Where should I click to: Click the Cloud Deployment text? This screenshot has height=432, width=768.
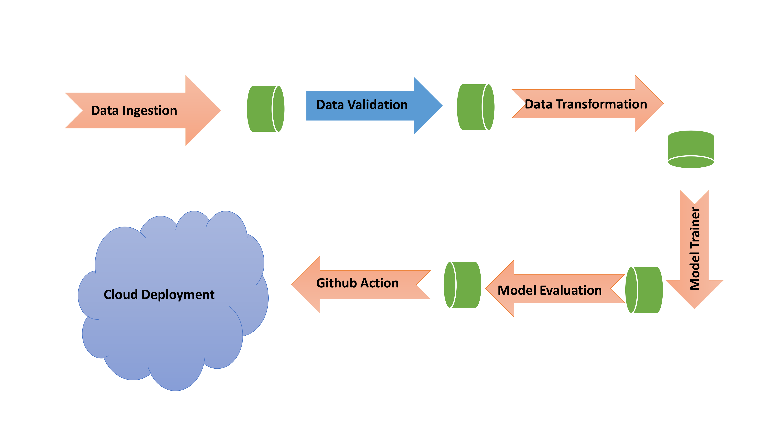click(x=159, y=295)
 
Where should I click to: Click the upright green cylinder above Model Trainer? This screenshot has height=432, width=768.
click(x=691, y=149)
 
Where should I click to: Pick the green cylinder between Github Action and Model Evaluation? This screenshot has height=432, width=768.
click(x=462, y=285)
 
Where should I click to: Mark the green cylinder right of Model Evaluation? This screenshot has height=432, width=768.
click(x=644, y=290)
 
